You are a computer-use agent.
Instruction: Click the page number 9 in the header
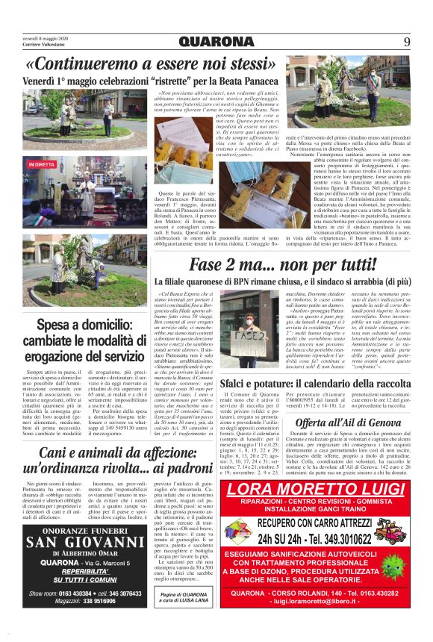click(x=407, y=41)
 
